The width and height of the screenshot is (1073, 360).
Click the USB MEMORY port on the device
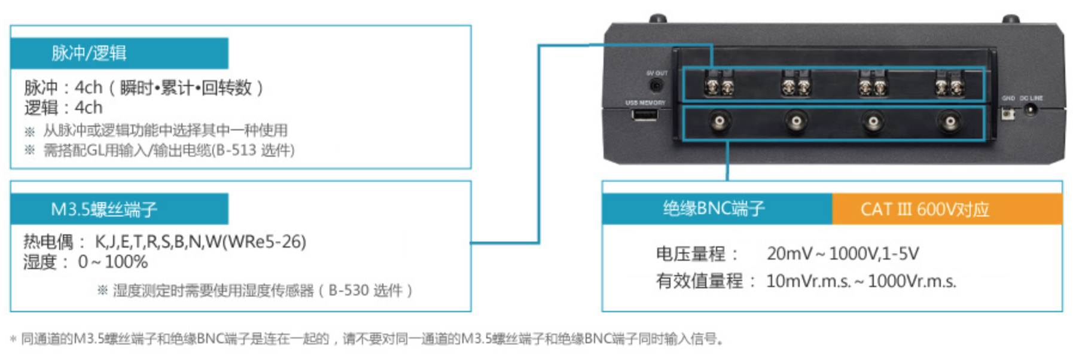645,114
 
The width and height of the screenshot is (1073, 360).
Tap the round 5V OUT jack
657,86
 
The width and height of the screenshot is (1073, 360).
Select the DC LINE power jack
1031,110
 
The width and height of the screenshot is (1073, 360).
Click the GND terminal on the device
1008,112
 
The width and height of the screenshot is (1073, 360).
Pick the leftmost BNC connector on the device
720,121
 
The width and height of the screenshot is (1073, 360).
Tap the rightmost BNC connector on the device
950,121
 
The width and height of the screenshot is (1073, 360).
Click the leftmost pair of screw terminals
720,86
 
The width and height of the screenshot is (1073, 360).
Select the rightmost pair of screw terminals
949,86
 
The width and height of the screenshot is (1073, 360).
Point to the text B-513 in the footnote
236,150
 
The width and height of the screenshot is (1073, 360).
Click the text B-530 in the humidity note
349,291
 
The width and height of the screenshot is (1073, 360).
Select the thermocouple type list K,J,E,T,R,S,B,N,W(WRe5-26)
200,242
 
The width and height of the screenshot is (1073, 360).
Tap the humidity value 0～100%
113,262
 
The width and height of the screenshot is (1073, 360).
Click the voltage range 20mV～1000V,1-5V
843,254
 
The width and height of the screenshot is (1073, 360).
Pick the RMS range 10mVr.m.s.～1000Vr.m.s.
861,280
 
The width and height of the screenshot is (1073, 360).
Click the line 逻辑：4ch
63,108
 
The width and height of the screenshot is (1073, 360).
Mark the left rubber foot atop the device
658,19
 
